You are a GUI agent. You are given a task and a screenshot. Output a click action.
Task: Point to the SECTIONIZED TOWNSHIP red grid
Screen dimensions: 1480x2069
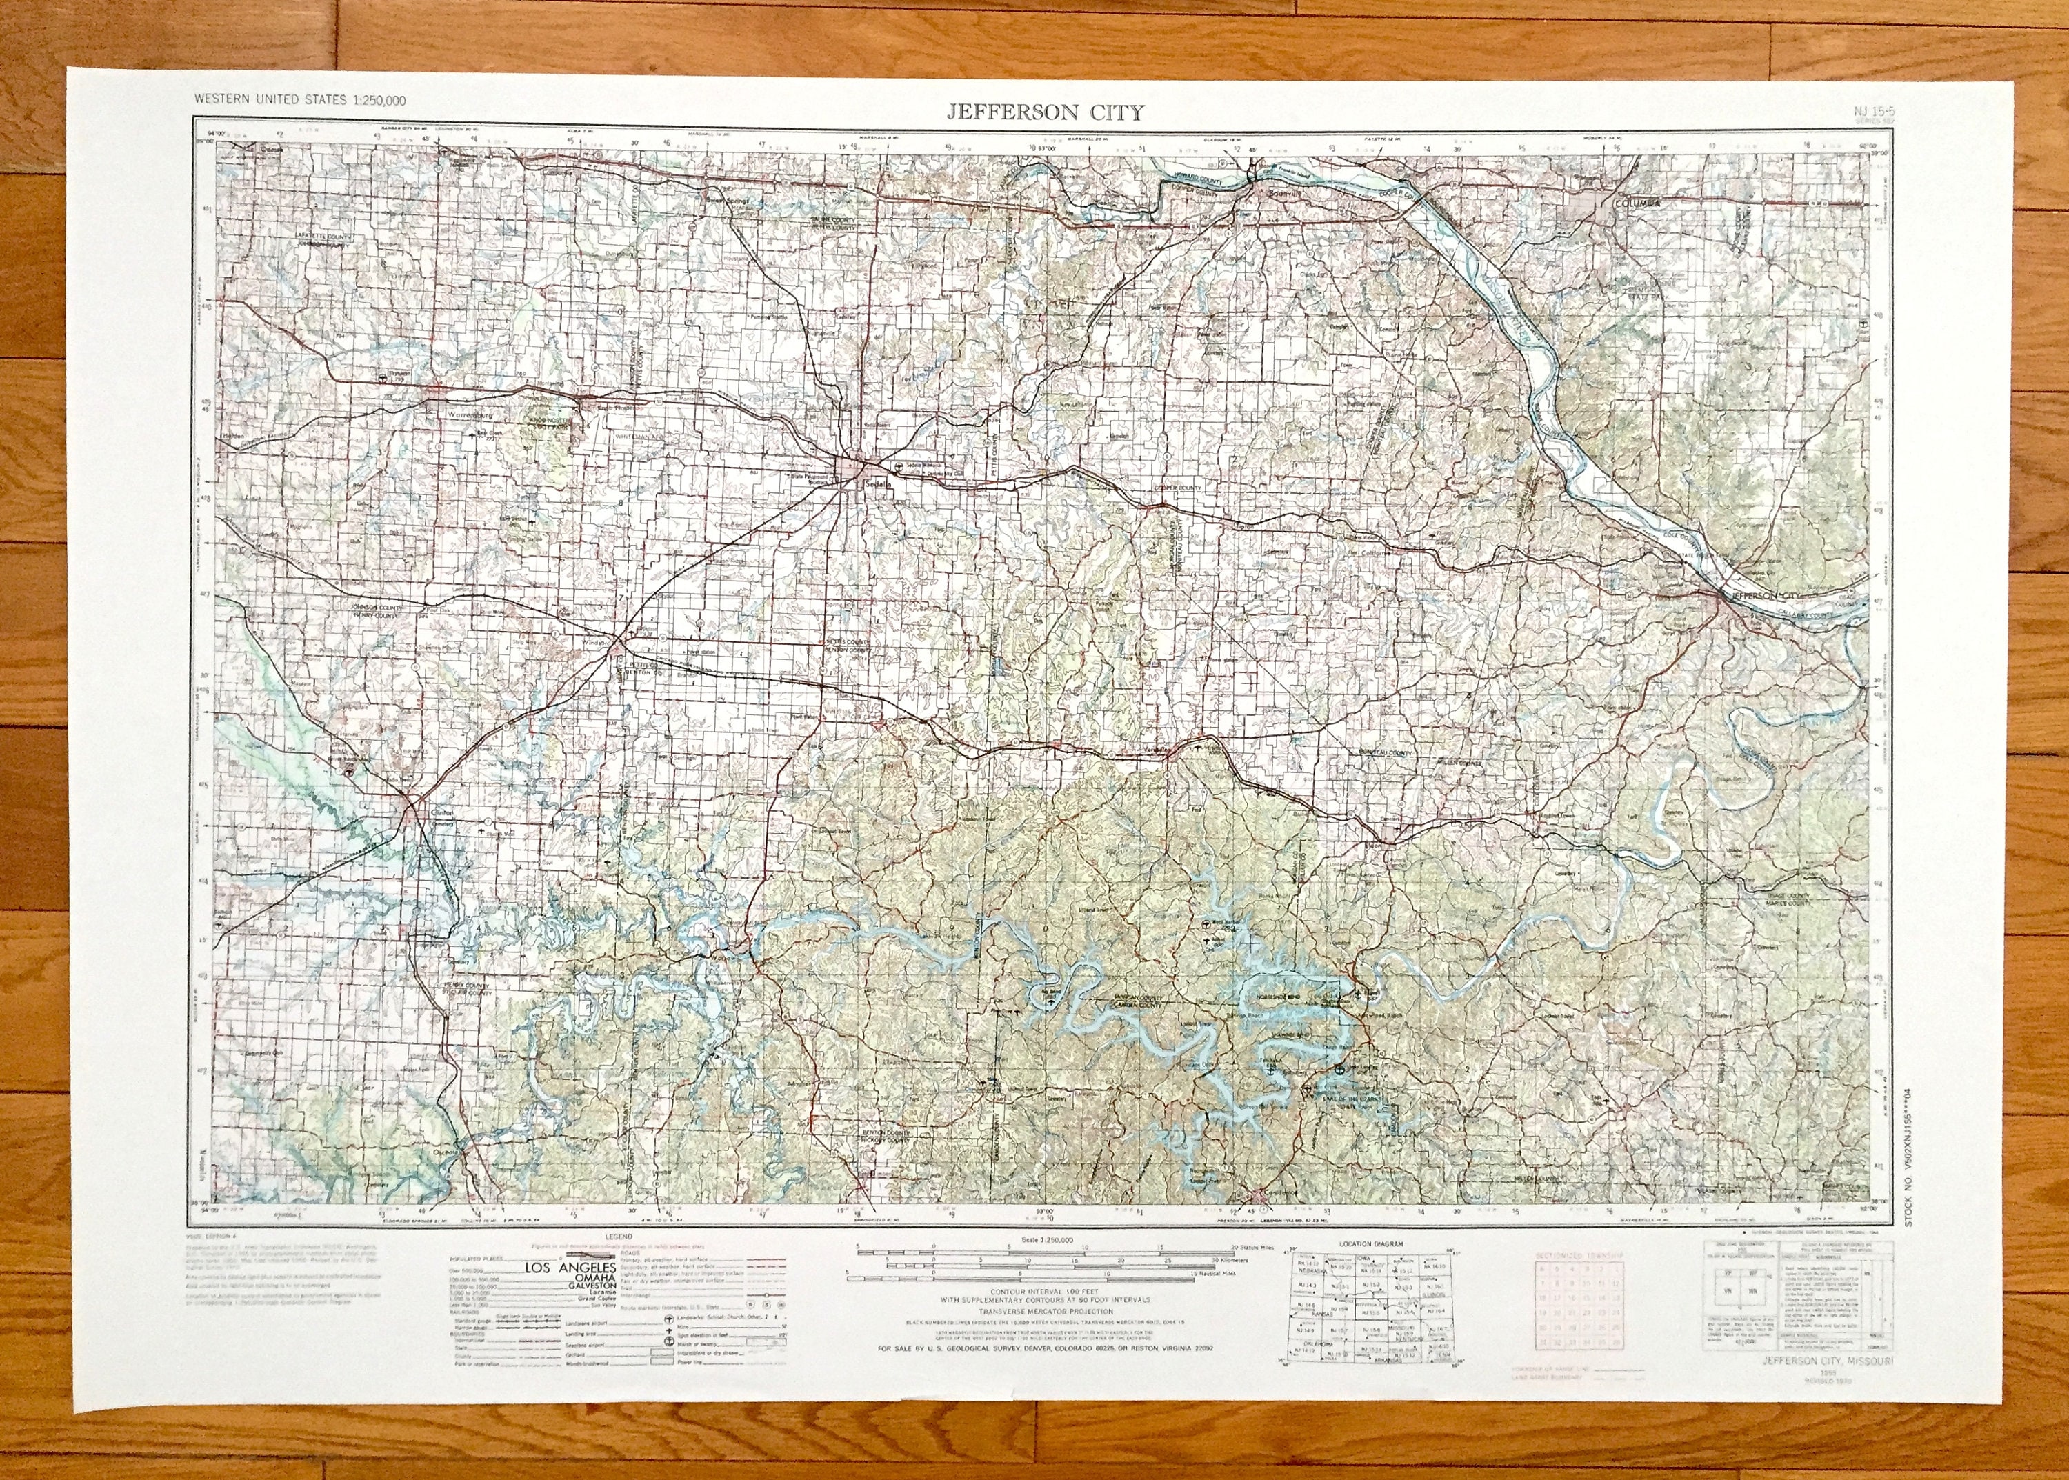pyautogui.click(x=1583, y=1317)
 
